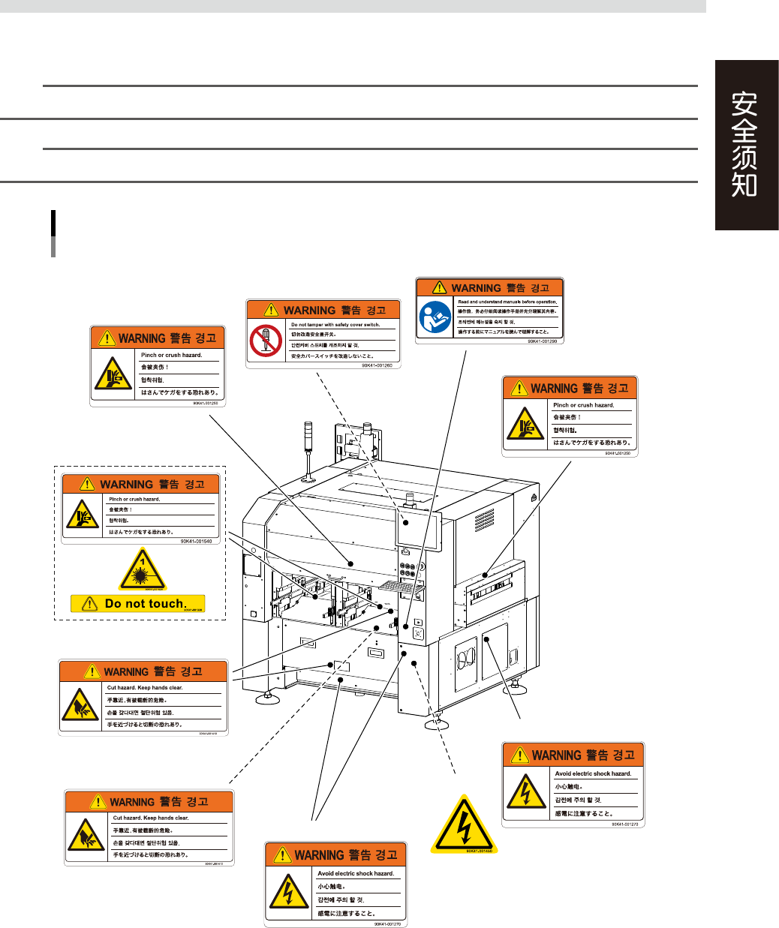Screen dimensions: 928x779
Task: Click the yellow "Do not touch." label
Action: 145,603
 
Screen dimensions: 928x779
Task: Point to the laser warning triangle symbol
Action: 142,570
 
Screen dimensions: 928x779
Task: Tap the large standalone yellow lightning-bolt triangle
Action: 465,824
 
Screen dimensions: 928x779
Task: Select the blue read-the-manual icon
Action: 435,317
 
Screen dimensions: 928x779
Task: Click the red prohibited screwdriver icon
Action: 266,341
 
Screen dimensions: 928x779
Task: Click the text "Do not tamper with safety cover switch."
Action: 335,325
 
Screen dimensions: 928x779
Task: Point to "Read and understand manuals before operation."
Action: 507,302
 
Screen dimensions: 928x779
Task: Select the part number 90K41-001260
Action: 377,365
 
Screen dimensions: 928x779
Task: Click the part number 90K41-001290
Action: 543,341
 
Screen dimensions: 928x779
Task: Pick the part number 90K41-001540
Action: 196,540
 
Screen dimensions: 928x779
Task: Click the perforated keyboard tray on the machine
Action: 398,585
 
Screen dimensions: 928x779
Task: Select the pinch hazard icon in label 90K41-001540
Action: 82,515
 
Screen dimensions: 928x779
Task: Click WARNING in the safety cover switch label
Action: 309,310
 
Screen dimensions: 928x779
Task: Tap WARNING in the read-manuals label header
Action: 476,288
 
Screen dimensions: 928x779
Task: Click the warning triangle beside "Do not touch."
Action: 89,603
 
